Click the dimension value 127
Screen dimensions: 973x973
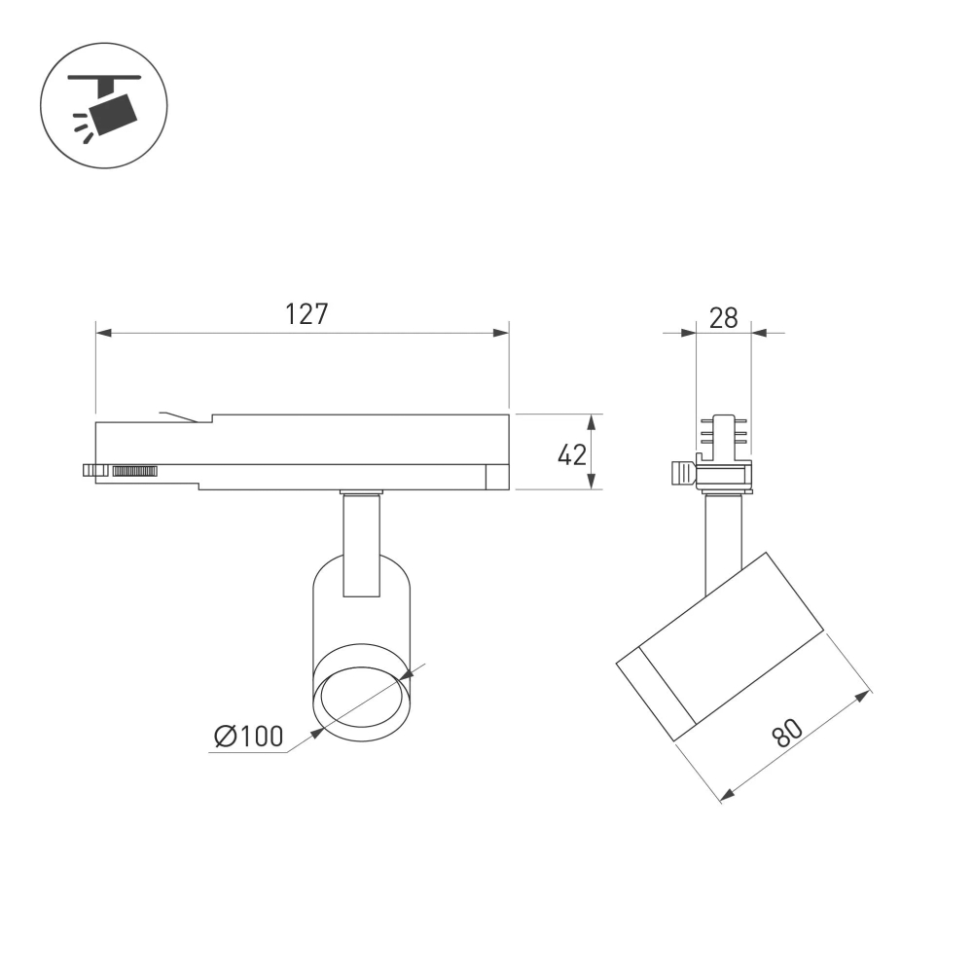[x=306, y=314]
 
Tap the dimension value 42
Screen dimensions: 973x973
[x=572, y=453]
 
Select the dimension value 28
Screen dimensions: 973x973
[x=724, y=317]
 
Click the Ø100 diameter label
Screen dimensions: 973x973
[x=248, y=737]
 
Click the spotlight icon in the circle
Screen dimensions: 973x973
[x=105, y=105]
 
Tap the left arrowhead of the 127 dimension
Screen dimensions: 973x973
[x=104, y=334]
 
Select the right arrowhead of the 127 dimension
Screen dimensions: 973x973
[x=501, y=334]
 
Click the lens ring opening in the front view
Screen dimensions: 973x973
[x=362, y=697]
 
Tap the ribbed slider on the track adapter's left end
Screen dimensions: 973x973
[x=134, y=471]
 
